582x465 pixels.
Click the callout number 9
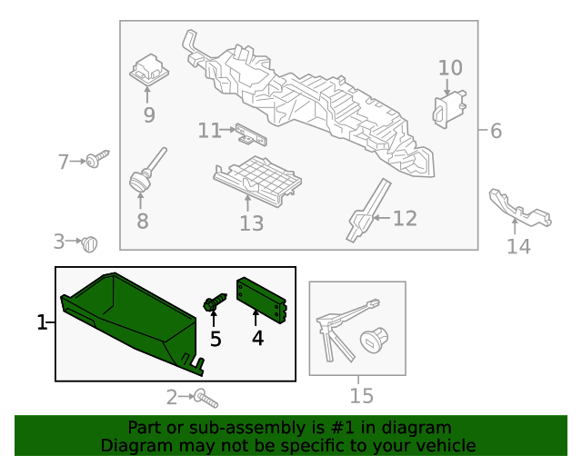(x=149, y=115)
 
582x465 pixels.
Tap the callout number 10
(x=450, y=68)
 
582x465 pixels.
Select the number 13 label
(x=252, y=223)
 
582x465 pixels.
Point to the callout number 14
(x=519, y=246)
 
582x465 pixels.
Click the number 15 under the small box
(x=362, y=396)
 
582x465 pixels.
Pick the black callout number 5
(x=216, y=339)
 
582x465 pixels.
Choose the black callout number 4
(x=257, y=338)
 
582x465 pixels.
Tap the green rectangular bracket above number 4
(x=261, y=301)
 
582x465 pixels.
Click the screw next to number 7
(x=97, y=159)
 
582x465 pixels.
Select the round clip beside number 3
(x=89, y=244)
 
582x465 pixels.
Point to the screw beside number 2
(x=206, y=399)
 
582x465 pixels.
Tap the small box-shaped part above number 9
(x=149, y=71)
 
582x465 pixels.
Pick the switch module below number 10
(x=449, y=109)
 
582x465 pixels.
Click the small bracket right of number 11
(x=251, y=134)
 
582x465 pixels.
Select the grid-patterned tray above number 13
(x=257, y=181)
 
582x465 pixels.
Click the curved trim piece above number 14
(x=519, y=207)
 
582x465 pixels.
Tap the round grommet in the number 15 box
(x=374, y=340)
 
